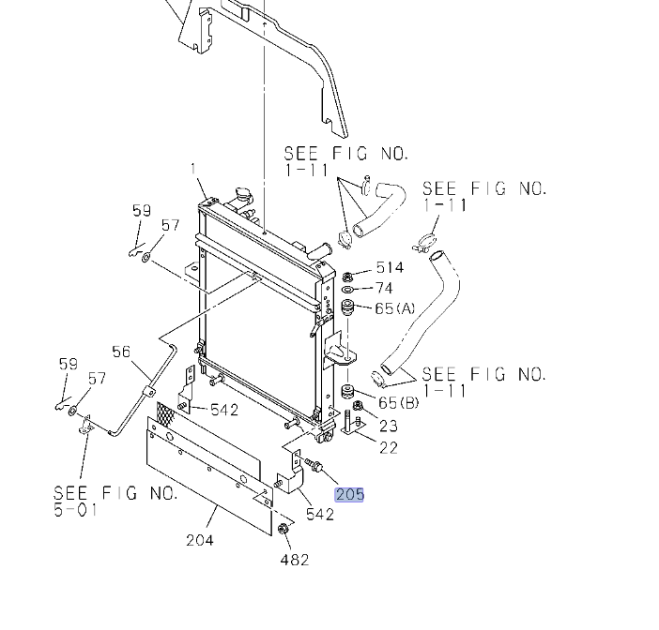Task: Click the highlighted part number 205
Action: [348, 494]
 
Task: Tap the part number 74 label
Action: [384, 289]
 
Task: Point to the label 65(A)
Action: [395, 308]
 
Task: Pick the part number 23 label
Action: [389, 426]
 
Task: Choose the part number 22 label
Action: [388, 447]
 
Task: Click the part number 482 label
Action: [294, 560]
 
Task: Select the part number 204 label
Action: [200, 539]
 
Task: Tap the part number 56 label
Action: [121, 352]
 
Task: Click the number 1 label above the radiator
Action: [194, 170]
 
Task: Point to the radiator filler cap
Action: [246, 200]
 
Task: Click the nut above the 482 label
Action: [284, 531]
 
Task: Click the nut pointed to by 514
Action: [348, 277]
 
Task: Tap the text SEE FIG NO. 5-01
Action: [115, 502]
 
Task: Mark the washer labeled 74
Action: [348, 291]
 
